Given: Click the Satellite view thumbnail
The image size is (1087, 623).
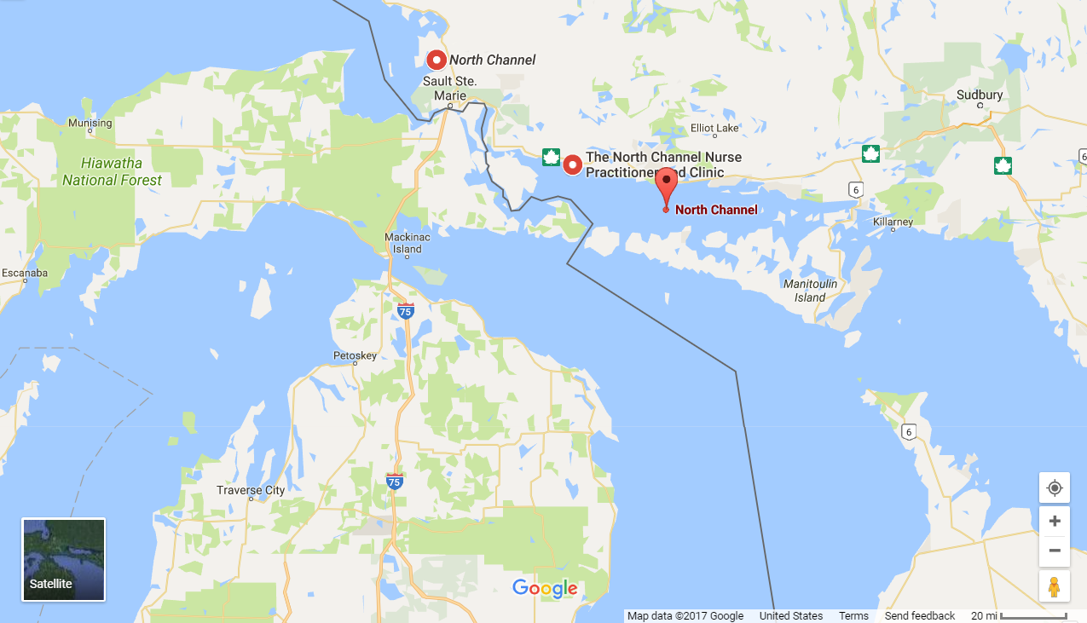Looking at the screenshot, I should pyautogui.click(x=64, y=559).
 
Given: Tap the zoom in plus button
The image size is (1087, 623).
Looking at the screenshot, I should pyautogui.click(x=1055, y=521).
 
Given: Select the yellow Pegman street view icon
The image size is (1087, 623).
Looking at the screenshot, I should pyautogui.click(x=1055, y=586).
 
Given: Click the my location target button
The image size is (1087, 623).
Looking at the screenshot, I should pyautogui.click(x=1055, y=487).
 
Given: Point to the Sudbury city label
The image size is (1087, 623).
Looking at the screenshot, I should pyautogui.click(x=980, y=95).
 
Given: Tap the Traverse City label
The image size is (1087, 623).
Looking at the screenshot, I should pyautogui.click(x=251, y=490).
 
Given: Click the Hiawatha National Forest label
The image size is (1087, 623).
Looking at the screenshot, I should pyautogui.click(x=112, y=171).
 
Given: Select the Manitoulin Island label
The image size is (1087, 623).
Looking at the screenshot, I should pyautogui.click(x=810, y=290).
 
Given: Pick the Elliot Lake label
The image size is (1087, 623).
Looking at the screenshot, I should pyautogui.click(x=714, y=128).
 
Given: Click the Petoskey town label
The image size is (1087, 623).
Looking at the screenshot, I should pyautogui.click(x=355, y=355).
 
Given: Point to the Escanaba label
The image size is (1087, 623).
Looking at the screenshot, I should pyautogui.click(x=24, y=273).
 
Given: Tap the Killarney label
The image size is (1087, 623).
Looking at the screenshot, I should pyautogui.click(x=893, y=222).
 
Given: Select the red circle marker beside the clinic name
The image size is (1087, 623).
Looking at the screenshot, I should pyautogui.click(x=572, y=164).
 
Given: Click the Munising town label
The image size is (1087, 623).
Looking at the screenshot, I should pyautogui.click(x=90, y=123).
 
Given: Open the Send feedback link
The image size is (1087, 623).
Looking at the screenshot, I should pyautogui.click(x=920, y=616).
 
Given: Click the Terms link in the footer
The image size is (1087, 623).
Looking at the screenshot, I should pyautogui.click(x=853, y=616).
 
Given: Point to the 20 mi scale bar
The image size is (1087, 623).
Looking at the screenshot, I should pyautogui.click(x=1032, y=616).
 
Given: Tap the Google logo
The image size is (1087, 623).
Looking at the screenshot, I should pyautogui.click(x=545, y=588).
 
